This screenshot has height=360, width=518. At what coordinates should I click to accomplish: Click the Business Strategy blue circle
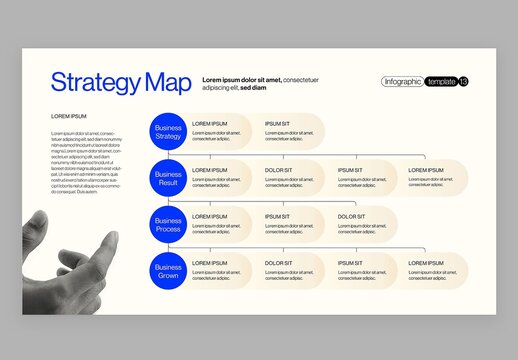(167, 132)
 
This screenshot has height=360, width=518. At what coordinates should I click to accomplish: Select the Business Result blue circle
(167, 178)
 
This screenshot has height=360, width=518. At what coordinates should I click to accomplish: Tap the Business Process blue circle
(167, 224)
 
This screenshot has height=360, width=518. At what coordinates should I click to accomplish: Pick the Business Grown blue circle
(167, 270)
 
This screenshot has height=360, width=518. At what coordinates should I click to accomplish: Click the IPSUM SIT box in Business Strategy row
(290, 132)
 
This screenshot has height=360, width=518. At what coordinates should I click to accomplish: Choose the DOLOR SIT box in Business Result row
(290, 178)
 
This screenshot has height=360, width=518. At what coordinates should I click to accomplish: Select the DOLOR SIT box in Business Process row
(363, 224)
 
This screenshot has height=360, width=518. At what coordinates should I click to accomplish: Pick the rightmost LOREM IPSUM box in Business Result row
(435, 178)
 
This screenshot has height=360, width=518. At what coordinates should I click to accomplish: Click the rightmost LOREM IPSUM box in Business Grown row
(435, 270)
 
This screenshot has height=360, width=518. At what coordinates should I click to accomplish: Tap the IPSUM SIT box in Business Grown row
(363, 270)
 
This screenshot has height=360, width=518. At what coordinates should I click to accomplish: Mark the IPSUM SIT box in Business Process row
(290, 224)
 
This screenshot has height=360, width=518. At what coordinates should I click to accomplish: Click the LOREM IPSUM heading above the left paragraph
(69, 117)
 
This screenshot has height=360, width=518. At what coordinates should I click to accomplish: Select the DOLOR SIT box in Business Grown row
(290, 270)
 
